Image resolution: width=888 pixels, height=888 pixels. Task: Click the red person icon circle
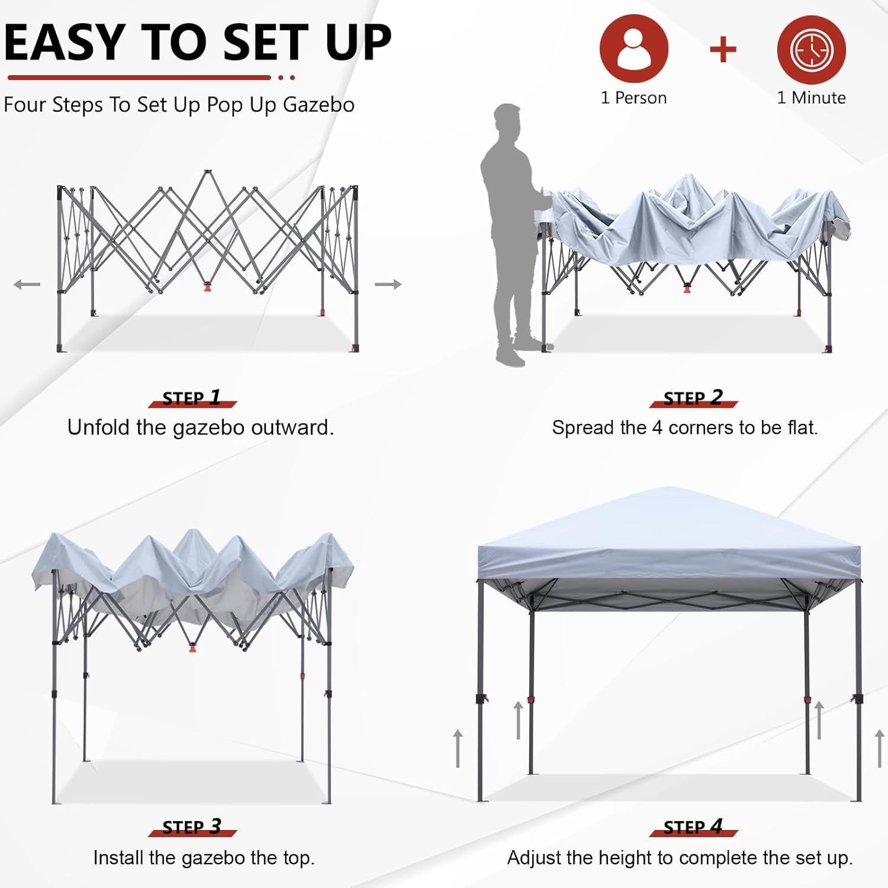click(x=633, y=49)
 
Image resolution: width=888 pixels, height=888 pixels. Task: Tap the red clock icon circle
click(x=811, y=50)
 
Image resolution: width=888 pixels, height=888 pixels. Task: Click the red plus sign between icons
click(x=723, y=50)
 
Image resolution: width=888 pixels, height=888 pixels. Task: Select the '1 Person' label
click(x=633, y=98)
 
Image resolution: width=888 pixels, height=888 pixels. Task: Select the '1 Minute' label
click(x=811, y=98)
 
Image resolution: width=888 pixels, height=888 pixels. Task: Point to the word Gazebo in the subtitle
click(x=318, y=105)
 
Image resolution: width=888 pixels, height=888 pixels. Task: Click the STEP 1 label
click(x=192, y=398)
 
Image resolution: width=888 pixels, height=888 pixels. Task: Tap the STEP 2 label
click(x=693, y=398)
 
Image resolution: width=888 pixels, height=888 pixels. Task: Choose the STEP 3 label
click(x=192, y=826)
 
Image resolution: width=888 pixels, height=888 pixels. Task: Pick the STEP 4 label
click(x=693, y=826)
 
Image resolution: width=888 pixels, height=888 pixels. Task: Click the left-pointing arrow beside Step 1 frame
click(x=27, y=285)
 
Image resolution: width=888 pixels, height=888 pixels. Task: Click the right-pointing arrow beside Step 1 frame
click(x=388, y=285)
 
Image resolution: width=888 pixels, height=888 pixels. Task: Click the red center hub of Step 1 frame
click(x=207, y=288)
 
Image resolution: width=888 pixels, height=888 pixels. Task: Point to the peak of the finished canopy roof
click(x=669, y=489)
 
